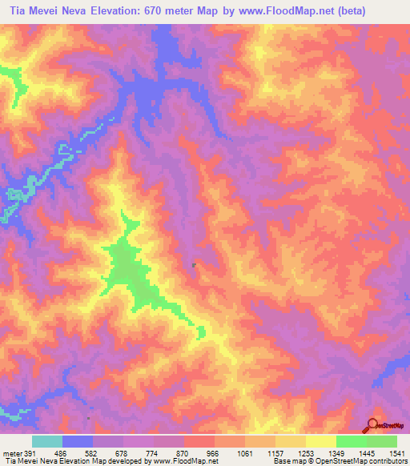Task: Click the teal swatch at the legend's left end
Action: [x=47, y=441]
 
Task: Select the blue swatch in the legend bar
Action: [x=78, y=441]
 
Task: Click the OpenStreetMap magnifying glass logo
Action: [x=373, y=425]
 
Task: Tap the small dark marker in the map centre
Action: [x=195, y=266]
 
